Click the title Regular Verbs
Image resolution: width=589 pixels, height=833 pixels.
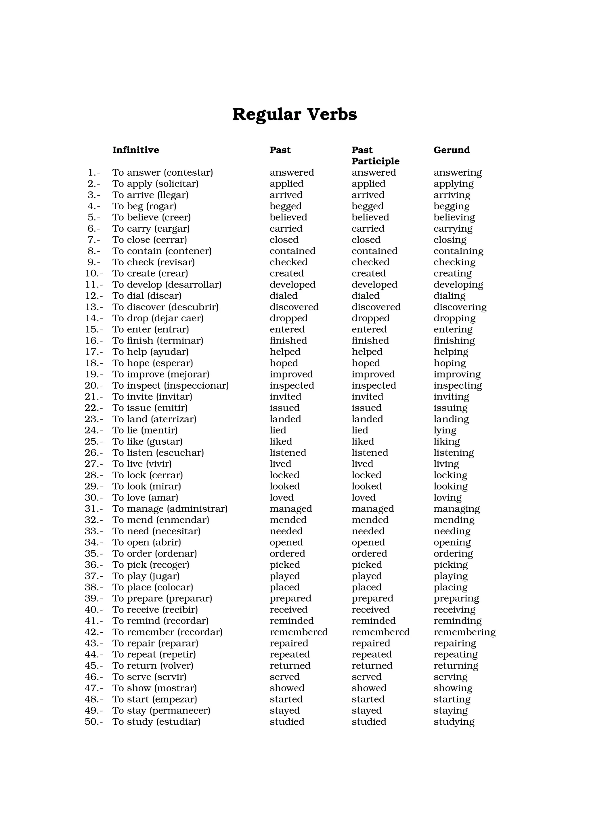point(294,114)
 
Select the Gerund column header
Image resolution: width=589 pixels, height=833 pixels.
point(452,150)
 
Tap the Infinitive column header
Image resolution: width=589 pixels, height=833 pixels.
point(135,150)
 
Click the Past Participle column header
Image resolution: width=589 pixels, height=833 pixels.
point(375,156)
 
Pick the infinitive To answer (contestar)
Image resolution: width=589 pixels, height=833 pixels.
point(162,173)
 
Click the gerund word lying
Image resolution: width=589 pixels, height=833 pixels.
point(445,431)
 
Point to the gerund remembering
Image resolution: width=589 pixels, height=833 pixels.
point(464,632)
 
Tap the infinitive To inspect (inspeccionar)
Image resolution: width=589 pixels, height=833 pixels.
point(170,386)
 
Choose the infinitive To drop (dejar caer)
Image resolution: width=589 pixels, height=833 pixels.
point(158,318)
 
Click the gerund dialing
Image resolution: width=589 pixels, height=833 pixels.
point(449,296)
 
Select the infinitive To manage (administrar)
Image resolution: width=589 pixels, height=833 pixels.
point(169,509)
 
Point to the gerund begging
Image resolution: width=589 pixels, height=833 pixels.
point(451,206)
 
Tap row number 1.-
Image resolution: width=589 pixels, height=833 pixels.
point(94,173)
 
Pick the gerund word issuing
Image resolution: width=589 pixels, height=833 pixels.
point(450,408)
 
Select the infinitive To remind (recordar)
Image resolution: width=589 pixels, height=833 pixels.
point(160,621)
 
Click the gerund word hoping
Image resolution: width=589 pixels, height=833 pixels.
point(449,363)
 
